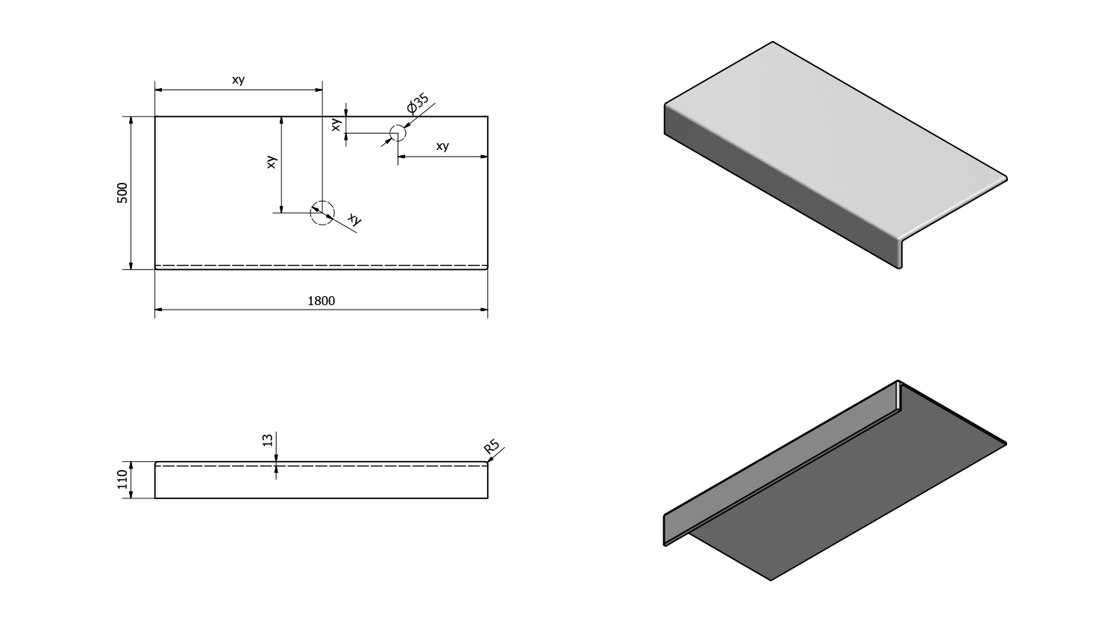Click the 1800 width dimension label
(322, 301)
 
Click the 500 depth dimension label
(123, 192)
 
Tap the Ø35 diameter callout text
(418, 103)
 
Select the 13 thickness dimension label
(268, 439)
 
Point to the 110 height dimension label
(123, 479)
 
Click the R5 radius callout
(491, 447)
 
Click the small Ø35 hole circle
(397, 134)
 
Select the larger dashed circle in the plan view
(322, 213)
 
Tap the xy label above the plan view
(238, 80)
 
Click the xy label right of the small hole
(442, 146)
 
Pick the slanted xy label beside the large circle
(354, 219)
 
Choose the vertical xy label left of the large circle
(272, 161)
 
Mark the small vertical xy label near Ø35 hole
(336, 125)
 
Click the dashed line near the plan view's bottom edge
(321, 265)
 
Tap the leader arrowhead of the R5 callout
(489, 461)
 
